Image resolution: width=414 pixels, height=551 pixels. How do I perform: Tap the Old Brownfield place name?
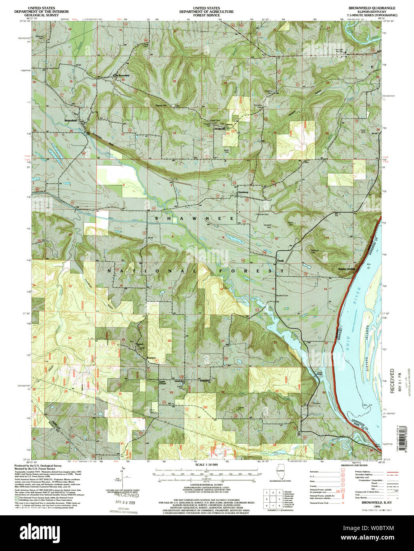point(122,75)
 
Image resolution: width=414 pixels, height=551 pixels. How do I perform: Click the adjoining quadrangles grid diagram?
point(273,498)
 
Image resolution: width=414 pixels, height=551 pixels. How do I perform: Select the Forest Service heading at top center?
point(206,12)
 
